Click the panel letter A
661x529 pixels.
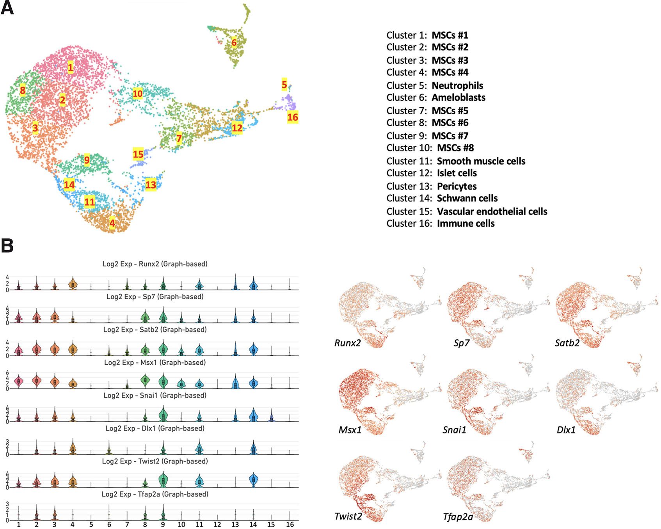click(x=7, y=8)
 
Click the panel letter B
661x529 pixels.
click(x=7, y=246)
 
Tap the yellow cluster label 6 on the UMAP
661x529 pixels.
click(x=234, y=43)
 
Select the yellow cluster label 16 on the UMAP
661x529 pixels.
click(x=293, y=117)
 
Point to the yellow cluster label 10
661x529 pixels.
click(x=137, y=94)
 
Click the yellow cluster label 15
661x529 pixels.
click(x=138, y=154)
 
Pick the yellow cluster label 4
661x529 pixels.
click(x=112, y=223)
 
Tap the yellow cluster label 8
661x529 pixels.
click(x=23, y=91)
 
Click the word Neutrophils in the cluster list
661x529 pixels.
click(x=457, y=85)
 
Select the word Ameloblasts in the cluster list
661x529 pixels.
click(x=458, y=98)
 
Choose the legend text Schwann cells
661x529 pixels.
click(x=467, y=198)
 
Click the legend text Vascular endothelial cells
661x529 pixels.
click(x=492, y=211)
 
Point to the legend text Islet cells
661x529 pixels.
click(x=457, y=173)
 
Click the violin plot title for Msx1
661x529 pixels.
click(x=155, y=362)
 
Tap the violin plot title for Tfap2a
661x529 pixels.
click(x=155, y=494)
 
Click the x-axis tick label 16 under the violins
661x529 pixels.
click(x=290, y=524)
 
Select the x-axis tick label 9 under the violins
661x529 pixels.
click(x=163, y=524)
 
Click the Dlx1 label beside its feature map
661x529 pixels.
click(x=566, y=430)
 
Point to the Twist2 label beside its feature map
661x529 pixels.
click(x=348, y=516)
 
